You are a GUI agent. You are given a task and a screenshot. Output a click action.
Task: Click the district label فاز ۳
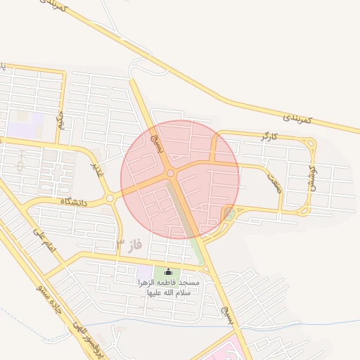(x=129, y=244)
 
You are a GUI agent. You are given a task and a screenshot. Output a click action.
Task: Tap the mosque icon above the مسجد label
(x=168, y=272)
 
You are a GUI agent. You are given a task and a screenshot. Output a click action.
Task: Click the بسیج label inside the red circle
(x=160, y=144)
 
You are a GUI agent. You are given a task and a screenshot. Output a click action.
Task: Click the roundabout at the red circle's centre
(x=170, y=173)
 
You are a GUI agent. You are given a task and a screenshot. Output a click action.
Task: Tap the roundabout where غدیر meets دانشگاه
(x=110, y=199)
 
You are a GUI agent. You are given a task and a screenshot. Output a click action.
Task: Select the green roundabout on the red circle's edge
(x=229, y=212)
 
